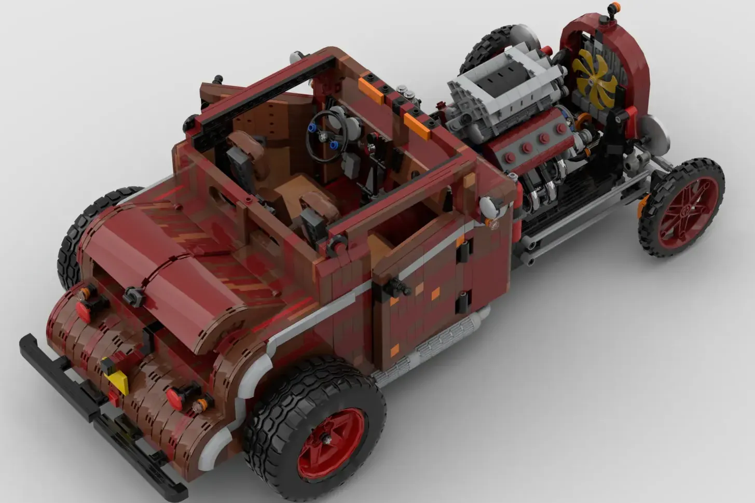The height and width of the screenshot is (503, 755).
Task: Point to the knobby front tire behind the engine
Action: (x=485, y=47)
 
